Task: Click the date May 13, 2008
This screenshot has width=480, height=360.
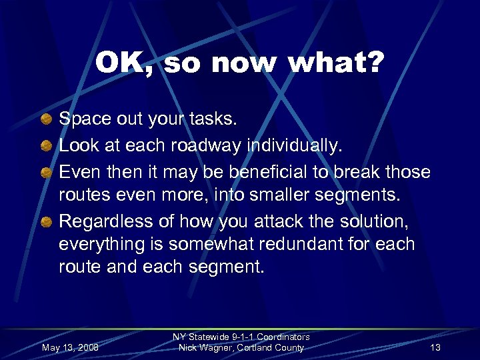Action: pos(70,347)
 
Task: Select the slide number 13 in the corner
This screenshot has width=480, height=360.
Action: pos(435,347)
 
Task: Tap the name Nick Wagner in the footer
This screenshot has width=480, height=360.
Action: pos(203,347)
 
